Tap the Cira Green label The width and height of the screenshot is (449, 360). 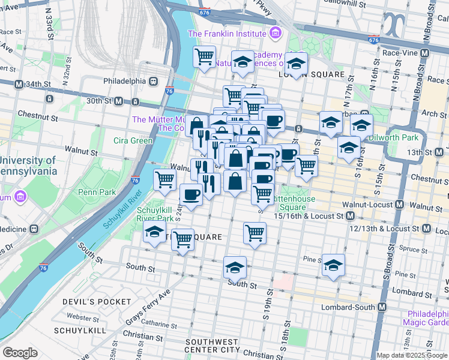coord(130,141)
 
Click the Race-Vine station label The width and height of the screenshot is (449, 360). coord(402,53)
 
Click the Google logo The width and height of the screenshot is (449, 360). coord(20,353)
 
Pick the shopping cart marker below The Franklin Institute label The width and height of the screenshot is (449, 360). coord(205,57)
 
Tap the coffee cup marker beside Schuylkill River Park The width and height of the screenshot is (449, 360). coord(191,194)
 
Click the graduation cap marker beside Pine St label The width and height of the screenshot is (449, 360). coord(333,265)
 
